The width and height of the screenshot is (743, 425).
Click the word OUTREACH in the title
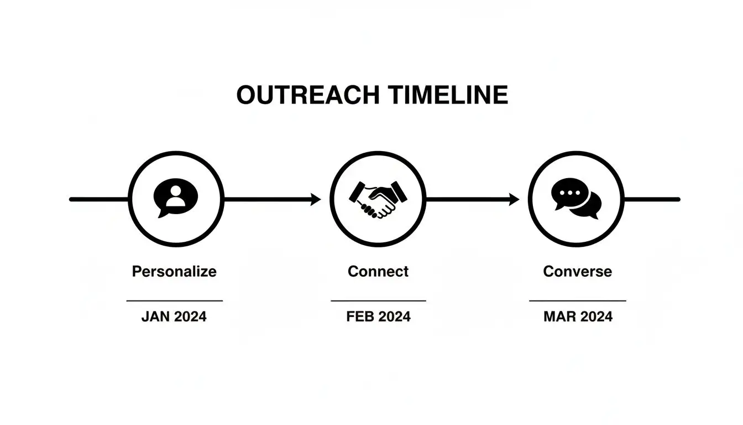tap(307, 96)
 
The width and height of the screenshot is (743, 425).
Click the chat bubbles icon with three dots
tap(576, 198)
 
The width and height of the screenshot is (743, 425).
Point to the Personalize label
tap(174, 272)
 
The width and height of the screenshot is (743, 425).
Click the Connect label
tap(378, 272)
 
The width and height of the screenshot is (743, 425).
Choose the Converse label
tap(577, 272)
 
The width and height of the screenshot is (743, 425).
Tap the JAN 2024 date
tap(174, 317)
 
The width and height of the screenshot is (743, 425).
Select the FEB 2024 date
tap(378, 317)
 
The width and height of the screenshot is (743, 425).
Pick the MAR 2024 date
tap(578, 317)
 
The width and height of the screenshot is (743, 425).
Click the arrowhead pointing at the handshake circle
tap(316, 199)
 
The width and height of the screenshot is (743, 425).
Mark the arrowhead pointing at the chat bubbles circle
tap(514, 199)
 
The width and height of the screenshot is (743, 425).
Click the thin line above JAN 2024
tap(174, 301)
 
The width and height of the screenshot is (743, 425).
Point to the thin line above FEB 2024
tap(378, 301)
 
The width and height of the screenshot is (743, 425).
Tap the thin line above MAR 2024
tap(578, 301)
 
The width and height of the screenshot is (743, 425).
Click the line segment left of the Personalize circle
tap(100, 199)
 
